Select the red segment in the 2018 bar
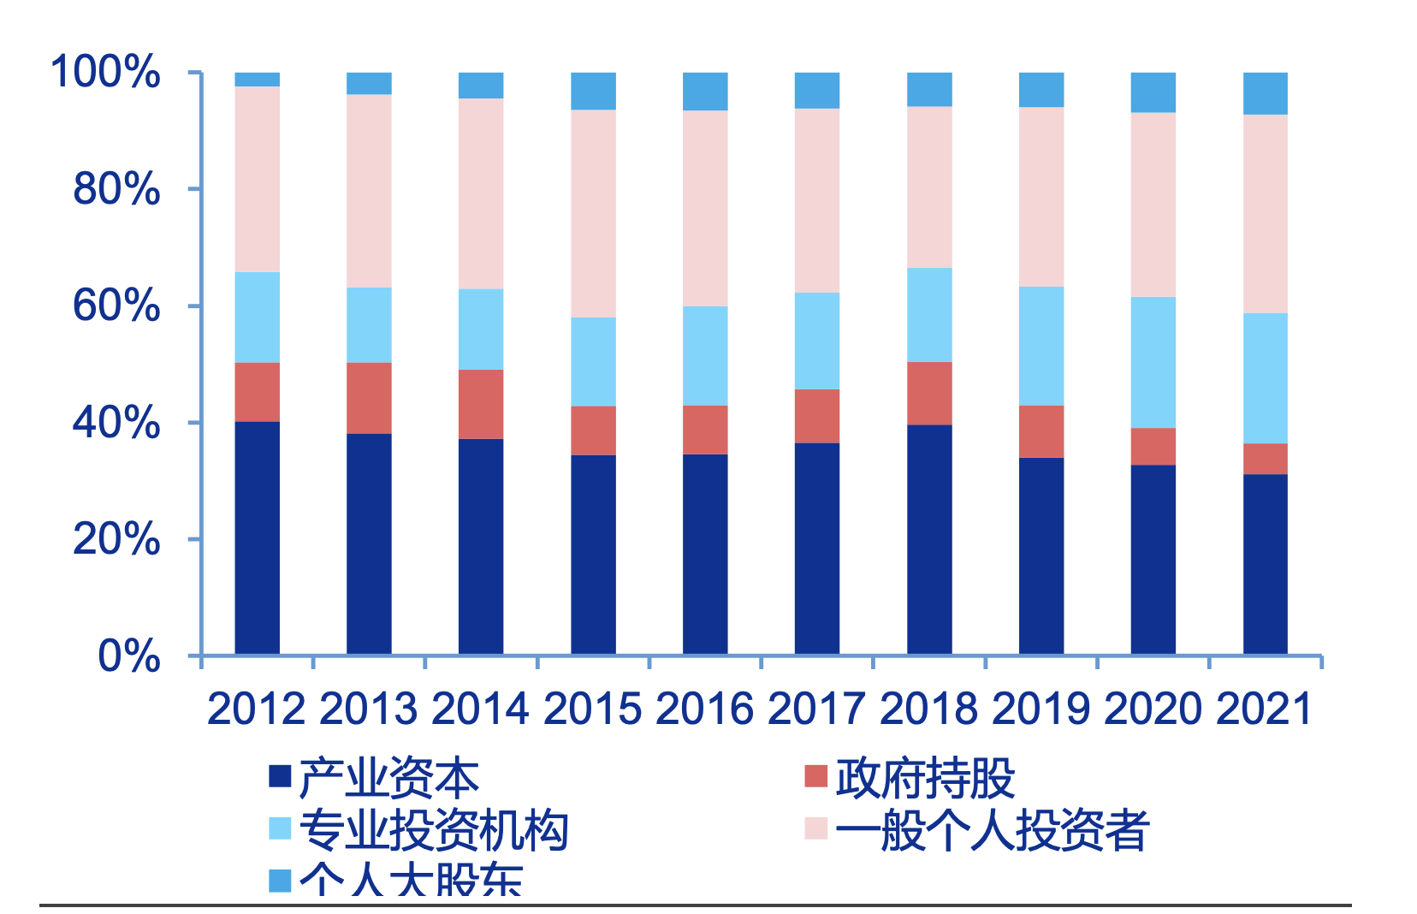point(929,393)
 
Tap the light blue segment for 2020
point(1153,362)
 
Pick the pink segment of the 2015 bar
point(593,213)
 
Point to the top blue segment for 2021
point(1265,93)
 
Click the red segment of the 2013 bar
point(369,398)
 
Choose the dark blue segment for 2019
point(1041,555)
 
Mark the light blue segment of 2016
point(705,355)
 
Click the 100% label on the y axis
point(105,71)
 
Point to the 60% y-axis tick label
point(116,306)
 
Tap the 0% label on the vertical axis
point(128,656)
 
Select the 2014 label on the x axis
point(480,709)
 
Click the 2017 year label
point(816,709)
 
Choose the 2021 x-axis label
point(1264,709)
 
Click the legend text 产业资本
point(389,778)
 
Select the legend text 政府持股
point(925,778)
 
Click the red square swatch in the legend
point(816,776)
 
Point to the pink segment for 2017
point(817,200)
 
